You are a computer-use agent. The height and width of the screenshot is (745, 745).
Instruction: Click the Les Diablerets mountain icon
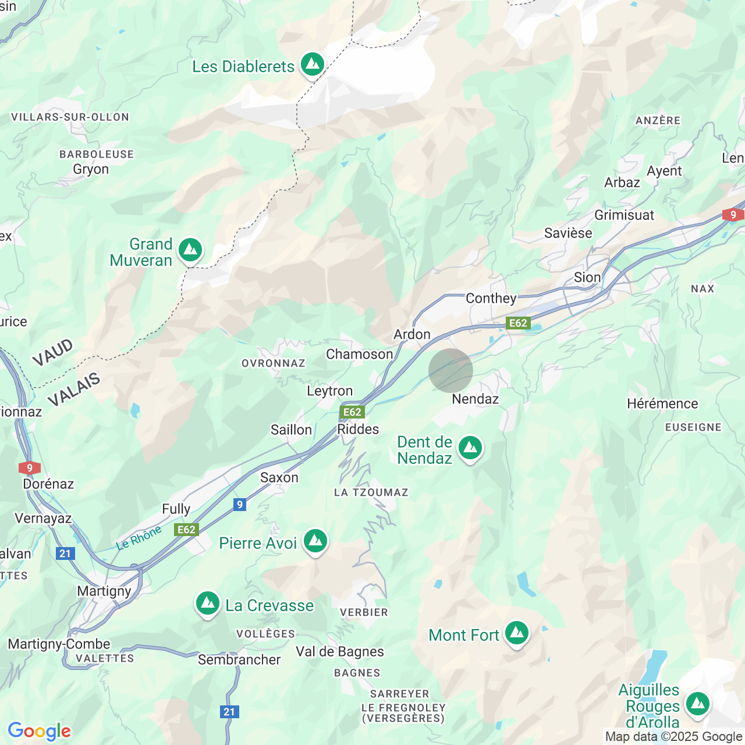313,64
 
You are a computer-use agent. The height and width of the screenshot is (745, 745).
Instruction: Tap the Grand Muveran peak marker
190,250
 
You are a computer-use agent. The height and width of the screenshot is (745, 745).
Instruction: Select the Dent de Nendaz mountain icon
470,448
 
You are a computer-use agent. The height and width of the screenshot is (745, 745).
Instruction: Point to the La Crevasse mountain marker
208,604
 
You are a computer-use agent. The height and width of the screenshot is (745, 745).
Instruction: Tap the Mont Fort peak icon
516,633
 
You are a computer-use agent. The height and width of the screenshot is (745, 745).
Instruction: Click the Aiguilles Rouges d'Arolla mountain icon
698,704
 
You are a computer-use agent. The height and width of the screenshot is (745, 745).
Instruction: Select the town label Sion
587,278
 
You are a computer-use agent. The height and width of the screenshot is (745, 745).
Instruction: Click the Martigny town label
104,591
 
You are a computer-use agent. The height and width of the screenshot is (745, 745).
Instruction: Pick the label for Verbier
364,612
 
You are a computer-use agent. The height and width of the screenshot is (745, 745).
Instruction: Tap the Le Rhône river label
139,538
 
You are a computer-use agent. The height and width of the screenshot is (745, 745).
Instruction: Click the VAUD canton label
53,353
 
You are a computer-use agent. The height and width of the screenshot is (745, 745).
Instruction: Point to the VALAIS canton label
74,391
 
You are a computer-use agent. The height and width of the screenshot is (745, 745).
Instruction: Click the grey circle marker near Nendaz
450,371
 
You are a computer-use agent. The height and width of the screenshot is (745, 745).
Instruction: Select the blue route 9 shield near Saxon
239,505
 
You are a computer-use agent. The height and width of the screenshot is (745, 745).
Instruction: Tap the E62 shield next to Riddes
352,412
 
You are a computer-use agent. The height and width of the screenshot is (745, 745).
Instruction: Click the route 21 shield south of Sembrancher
229,712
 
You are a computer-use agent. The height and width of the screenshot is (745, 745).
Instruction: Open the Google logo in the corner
40,731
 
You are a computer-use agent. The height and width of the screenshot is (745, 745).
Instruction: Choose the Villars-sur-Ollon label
70,118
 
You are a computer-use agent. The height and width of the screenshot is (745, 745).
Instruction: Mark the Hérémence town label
662,404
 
